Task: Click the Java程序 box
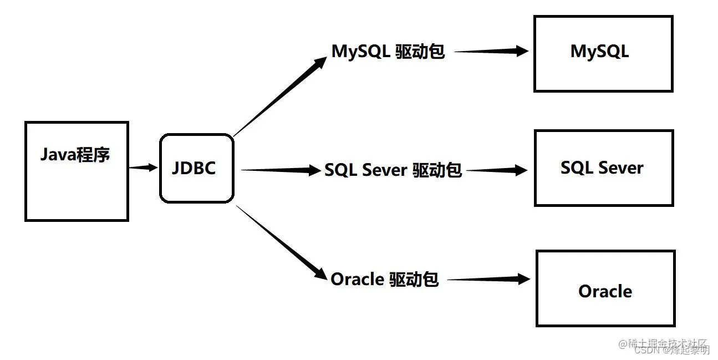(x=77, y=172)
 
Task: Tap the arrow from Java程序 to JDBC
(x=144, y=167)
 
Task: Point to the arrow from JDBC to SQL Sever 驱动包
(x=280, y=170)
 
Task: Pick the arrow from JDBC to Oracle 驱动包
(x=280, y=241)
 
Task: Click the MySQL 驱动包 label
(x=388, y=51)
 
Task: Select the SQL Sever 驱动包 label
(x=393, y=170)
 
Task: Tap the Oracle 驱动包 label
(x=384, y=279)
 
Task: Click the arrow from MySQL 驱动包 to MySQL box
(x=491, y=51)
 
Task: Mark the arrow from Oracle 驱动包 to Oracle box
(x=488, y=280)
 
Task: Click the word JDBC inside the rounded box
(x=193, y=168)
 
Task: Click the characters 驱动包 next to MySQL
(x=420, y=51)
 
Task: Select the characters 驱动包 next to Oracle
(x=414, y=279)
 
